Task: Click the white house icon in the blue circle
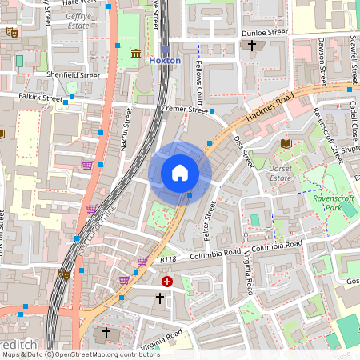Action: coord(180,173)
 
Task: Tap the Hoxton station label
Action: coord(165,60)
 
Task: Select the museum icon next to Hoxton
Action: coord(135,54)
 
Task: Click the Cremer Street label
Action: coord(184,110)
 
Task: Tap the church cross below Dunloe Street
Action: coord(252,46)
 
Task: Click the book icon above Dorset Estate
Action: coord(286,143)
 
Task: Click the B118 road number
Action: coord(167,259)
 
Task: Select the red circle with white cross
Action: coord(167,282)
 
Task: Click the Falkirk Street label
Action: coord(40,99)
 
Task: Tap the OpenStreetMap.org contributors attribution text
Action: coord(93,354)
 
